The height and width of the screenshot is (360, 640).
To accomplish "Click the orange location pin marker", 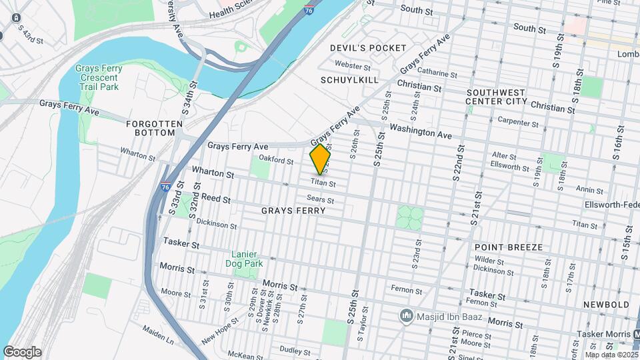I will pos(321,159).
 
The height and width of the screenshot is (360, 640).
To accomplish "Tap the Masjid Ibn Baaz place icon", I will pos(405,314).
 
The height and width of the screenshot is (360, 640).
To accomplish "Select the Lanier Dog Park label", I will pos(248,259).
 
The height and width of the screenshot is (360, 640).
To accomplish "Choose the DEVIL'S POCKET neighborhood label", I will pos(368,48).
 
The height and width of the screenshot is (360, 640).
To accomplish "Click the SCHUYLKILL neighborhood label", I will pos(349,80).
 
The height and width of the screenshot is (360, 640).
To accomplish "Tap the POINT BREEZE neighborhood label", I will pos(509,247).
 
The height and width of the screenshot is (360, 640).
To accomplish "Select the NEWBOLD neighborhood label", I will pos(605,305).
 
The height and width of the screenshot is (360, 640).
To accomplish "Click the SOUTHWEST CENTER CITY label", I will pos(507,97).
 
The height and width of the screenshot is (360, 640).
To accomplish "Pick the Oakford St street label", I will pos(276,161).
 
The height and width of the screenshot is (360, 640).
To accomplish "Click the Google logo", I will pos(21,352).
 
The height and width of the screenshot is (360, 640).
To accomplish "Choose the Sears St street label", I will pos(320,198).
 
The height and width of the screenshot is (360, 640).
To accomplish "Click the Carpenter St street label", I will pos(519,123).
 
